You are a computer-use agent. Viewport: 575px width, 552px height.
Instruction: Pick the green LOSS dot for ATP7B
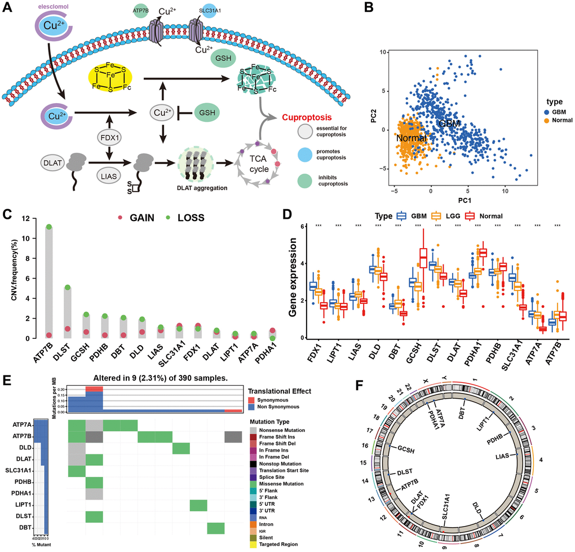[49, 227]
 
